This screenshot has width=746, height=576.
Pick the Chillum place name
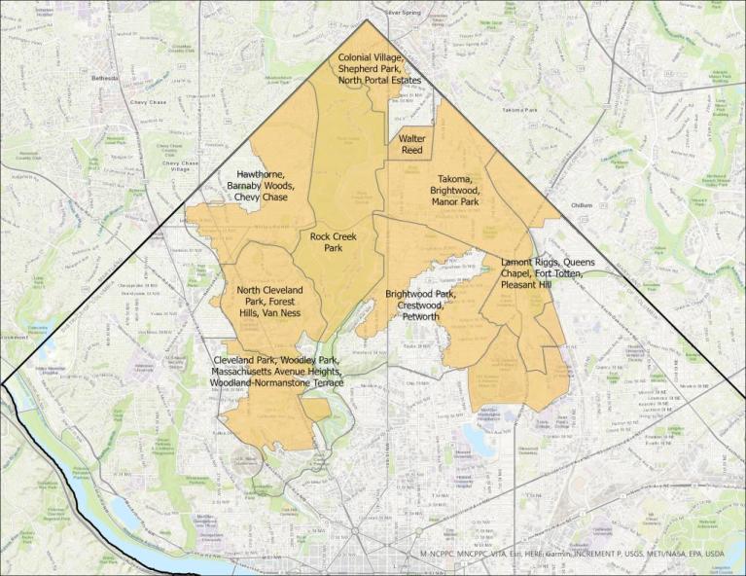pos(582,205)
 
